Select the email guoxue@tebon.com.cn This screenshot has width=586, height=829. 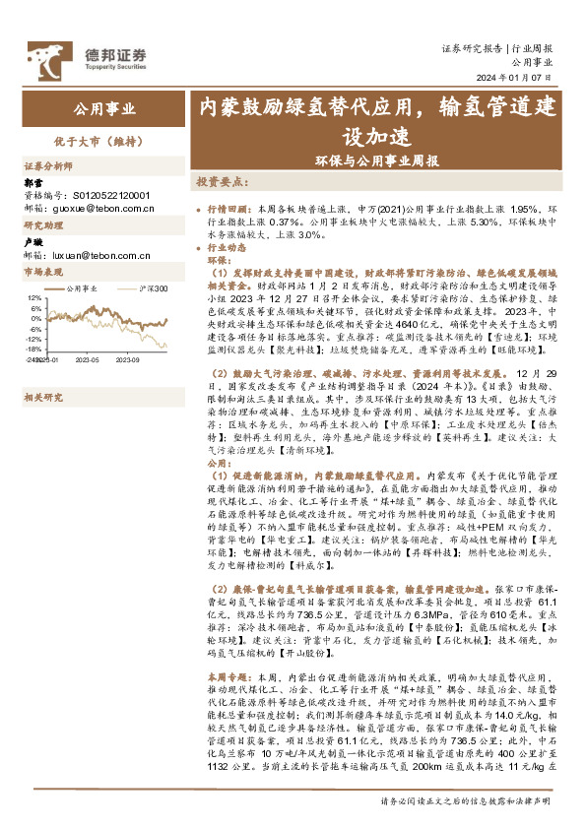pos(100,207)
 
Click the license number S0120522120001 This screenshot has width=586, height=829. pos(108,195)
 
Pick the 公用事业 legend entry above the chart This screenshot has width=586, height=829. pos(82,287)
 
